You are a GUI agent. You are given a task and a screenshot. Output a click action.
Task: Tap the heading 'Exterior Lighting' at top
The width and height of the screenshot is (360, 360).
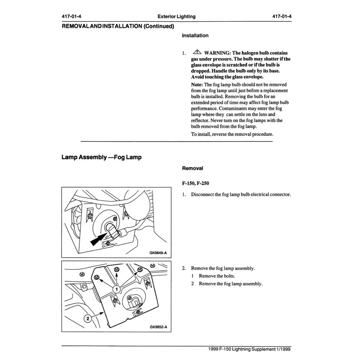coord(173,17)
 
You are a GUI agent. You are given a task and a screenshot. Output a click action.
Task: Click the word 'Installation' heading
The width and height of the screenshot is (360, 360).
coord(195,35)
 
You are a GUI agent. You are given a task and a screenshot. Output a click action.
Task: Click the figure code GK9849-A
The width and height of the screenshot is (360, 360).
coord(158,253)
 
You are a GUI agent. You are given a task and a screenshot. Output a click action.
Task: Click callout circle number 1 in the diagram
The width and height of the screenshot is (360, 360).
coord(117,288)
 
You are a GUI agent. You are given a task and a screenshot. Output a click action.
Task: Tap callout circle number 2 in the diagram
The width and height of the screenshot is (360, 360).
coord(88,318)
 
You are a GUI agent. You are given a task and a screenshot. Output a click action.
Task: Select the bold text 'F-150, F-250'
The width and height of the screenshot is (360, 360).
coord(196,184)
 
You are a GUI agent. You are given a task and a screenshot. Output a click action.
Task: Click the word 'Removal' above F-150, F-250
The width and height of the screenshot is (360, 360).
coord(192,168)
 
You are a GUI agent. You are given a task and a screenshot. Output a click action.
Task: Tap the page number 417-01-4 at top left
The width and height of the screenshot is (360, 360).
coord(72,17)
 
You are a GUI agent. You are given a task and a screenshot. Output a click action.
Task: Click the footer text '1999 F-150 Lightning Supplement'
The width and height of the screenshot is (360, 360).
coord(244,349)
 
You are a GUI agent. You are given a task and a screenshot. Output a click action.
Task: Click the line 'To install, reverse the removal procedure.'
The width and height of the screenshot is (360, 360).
coord(232,135)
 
